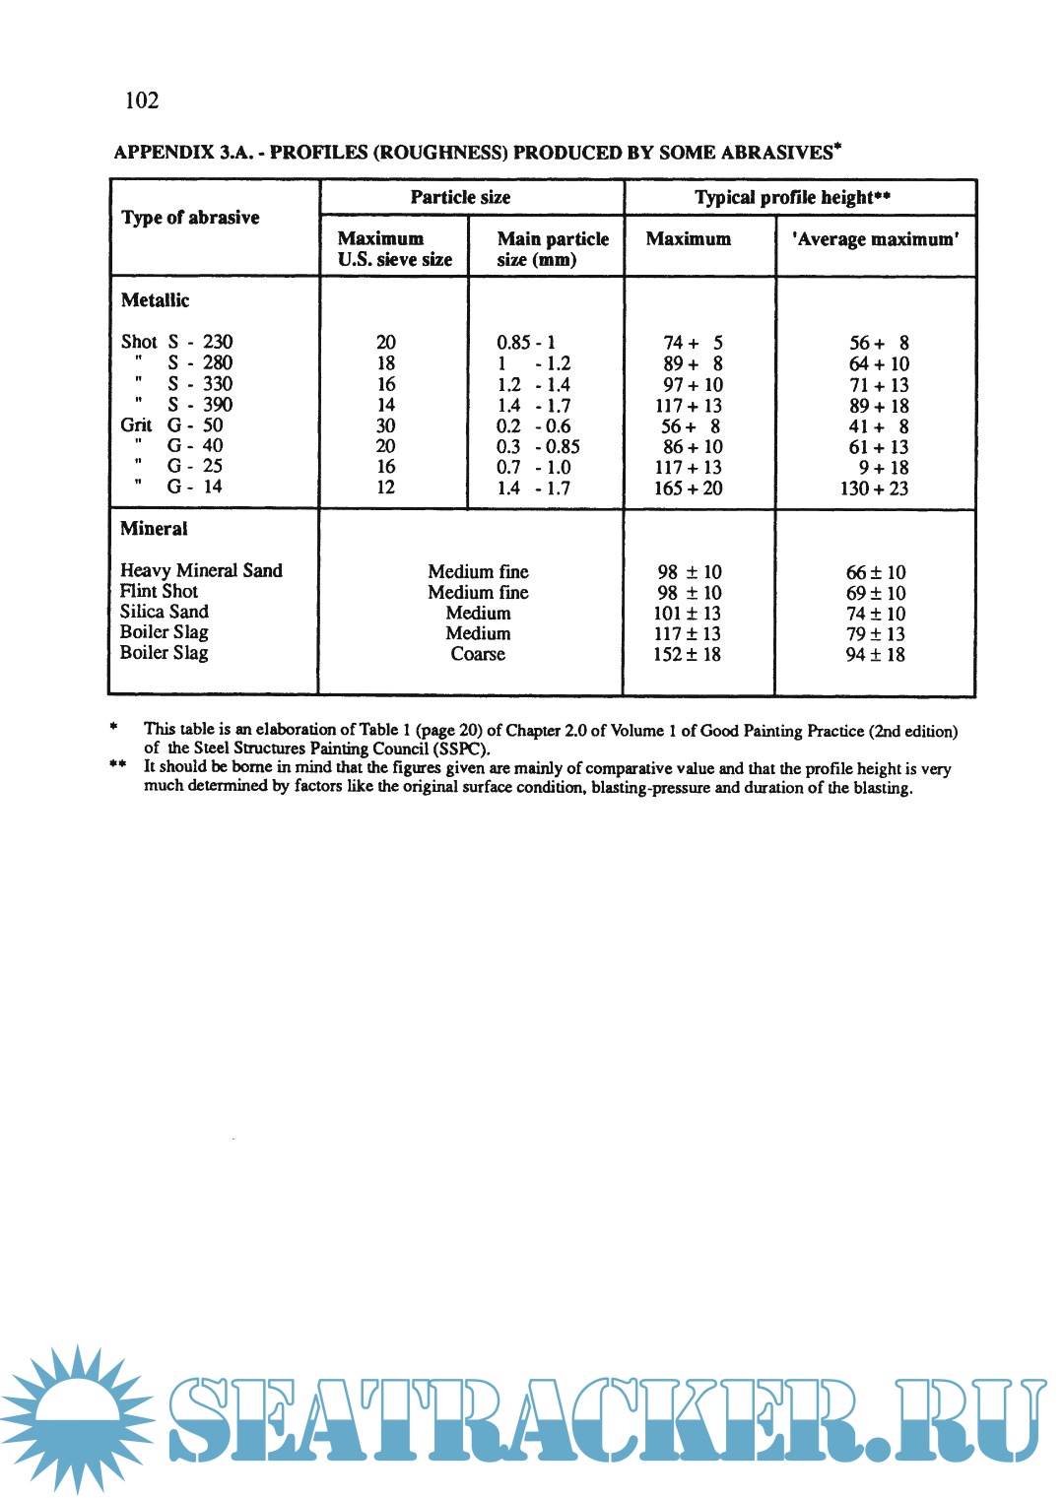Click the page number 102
tap(142, 100)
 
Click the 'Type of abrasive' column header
tap(190, 218)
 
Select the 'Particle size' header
tap(460, 197)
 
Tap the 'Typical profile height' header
tap(792, 197)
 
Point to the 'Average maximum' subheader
tap(875, 239)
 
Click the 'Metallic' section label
tap(155, 300)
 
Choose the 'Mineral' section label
tap(154, 529)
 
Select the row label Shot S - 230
tap(176, 342)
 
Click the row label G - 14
tap(194, 487)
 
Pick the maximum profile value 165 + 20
tap(688, 488)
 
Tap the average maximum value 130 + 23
tap(874, 488)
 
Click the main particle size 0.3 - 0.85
tap(538, 446)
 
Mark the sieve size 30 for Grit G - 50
tap(385, 425)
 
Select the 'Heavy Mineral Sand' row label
tap(201, 570)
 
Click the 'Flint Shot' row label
tap(159, 591)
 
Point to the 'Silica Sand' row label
tap(164, 612)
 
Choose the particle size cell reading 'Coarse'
tap(478, 654)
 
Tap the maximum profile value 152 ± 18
tap(687, 654)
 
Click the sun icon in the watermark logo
tap(77, 1418)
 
